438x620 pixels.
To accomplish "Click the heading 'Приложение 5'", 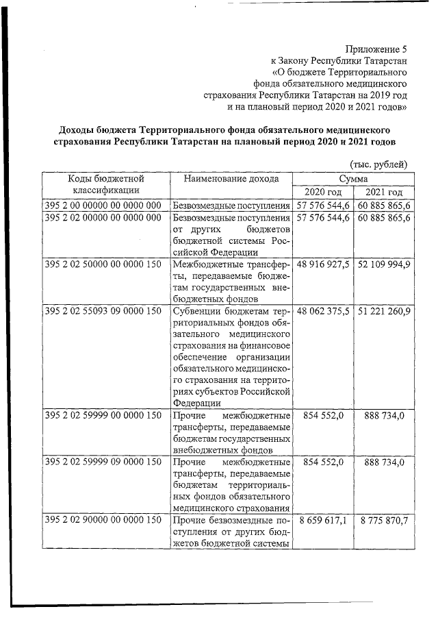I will click(376, 49).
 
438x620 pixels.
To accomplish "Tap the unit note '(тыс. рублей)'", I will click(378, 164).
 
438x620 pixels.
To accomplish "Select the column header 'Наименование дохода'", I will click(231, 179).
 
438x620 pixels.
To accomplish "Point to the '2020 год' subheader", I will click(323, 192).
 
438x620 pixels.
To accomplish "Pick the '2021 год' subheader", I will click(384, 192).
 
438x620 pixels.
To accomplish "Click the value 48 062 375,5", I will click(324, 310).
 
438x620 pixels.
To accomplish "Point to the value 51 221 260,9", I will click(384, 310).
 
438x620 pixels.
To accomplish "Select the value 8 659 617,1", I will click(324, 521).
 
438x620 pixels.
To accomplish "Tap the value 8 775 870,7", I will click(384, 521).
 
